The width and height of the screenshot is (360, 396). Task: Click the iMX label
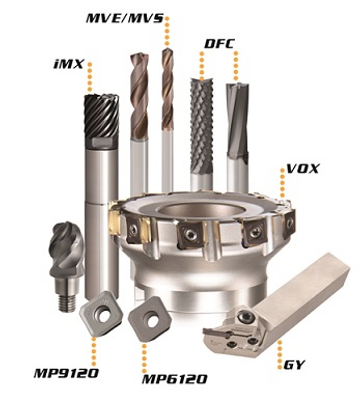(68, 64)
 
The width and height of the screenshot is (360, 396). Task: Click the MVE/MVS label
(125, 18)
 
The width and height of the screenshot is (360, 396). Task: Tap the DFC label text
(219, 44)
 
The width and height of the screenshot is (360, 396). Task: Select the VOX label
(303, 169)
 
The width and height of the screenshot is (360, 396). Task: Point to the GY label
(294, 365)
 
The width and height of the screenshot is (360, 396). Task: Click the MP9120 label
(66, 373)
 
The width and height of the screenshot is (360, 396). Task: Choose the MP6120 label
(175, 379)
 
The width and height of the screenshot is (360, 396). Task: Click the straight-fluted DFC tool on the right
(237, 119)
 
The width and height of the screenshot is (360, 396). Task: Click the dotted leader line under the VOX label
(282, 186)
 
